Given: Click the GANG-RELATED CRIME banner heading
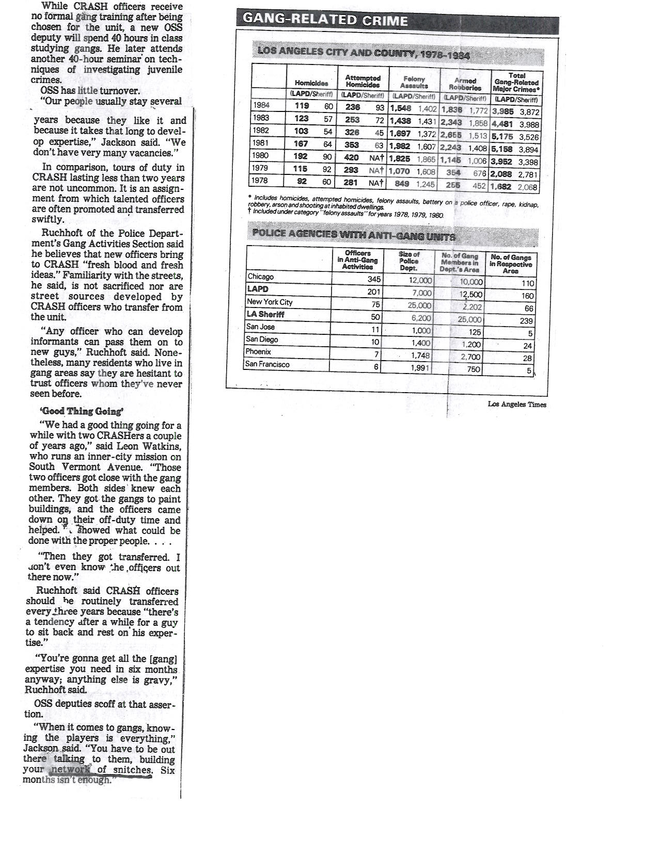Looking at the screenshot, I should pos(325,20).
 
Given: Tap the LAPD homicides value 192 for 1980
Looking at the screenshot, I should pos(301,156).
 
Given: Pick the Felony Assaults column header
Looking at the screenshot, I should pos(414,82).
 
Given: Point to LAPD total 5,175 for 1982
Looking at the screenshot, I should pos(502,137).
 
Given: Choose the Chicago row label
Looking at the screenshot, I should pos(260,277).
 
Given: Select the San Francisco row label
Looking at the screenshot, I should pos(267,364).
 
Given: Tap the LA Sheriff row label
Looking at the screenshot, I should pos(265,314).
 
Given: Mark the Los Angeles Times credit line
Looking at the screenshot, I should pos(516,404).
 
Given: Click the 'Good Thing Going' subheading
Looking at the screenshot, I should pos(82,411).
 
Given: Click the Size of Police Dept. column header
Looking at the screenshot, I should pos(408,261).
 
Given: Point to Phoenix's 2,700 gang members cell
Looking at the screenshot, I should pos(470,357).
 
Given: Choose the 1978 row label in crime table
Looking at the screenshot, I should pos(261,181).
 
